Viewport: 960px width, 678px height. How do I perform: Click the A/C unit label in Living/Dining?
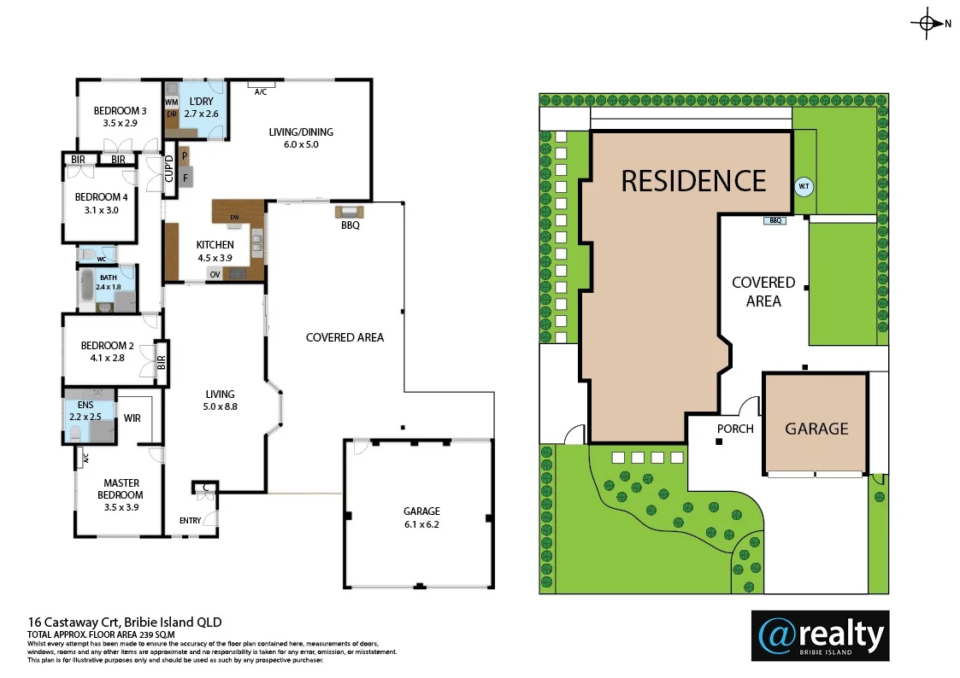click(261, 91)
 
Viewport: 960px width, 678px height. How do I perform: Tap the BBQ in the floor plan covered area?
click(350, 213)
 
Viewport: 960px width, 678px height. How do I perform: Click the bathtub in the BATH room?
click(85, 289)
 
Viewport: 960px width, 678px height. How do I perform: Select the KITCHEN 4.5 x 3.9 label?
click(215, 251)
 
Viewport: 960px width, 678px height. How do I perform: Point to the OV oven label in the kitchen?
click(215, 275)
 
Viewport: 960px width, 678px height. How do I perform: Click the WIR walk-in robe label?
click(132, 418)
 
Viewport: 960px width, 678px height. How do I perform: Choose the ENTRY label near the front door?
click(190, 521)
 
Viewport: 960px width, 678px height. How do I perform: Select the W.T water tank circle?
click(804, 186)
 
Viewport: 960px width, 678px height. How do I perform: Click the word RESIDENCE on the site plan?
click(693, 181)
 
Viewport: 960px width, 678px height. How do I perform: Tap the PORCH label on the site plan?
click(735, 429)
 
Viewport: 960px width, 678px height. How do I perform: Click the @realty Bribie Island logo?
click(820, 635)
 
